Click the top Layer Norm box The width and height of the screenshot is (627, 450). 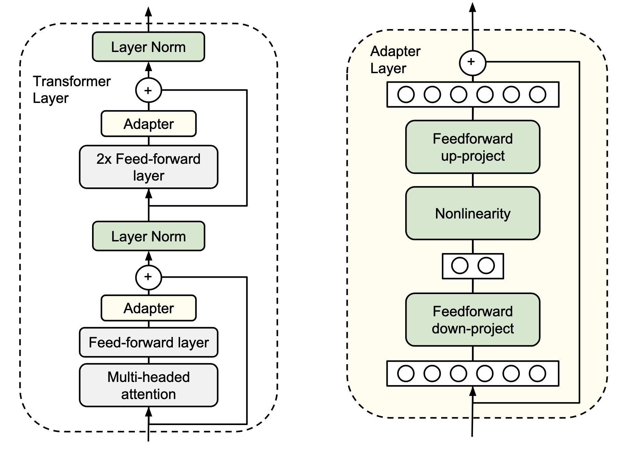pyautogui.click(x=149, y=47)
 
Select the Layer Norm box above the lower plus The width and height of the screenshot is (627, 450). pyautogui.click(x=149, y=236)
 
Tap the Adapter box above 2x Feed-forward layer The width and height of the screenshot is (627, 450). pyautogui.click(x=149, y=124)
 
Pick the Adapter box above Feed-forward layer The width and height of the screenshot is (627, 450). pyautogui.click(x=149, y=308)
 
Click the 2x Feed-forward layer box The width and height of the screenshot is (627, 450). pyautogui.click(x=149, y=167)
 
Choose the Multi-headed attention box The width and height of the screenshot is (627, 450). pyautogui.click(x=149, y=385)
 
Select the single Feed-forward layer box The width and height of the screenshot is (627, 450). pyautogui.click(x=149, y=342)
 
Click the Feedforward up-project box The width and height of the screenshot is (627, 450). pyautogui.click(x=473, y=147)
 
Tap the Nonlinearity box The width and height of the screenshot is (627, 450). pyautogui.click(x=473, y=213)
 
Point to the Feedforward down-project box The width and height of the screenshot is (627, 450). pyautogui.click(x=473, y=320)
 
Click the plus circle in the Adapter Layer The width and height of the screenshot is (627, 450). pyautogui.click(x=472, y=63)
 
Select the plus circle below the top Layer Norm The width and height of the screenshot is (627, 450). pyautogui.click(x=149, y=90)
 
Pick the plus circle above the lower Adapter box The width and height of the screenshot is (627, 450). pyautogui.click(x=149, y=277)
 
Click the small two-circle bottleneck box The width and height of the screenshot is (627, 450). pyautogui.click(x=473, y=266)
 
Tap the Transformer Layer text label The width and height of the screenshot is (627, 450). pyautogui.click(x=72, y=90)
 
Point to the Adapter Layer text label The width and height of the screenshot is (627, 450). pyautogui.click(x=395, y=59)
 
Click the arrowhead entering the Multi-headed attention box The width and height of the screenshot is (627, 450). pyautogui.click(x=149, y=412)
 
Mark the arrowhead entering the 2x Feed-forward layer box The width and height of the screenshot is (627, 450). pyautogui.click(x=149, y=194)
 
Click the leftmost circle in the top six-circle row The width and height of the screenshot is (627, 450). pyautogui.click(x=406, y=94)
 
